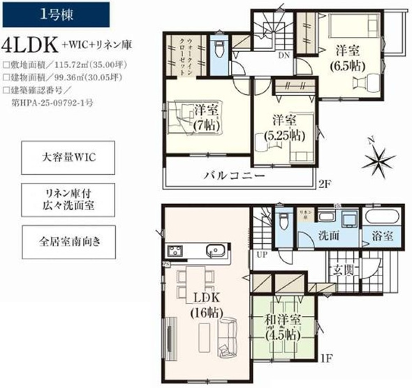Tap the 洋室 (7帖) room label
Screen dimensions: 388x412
[x=203, y=117]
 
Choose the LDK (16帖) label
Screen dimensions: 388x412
[x=202, y=306]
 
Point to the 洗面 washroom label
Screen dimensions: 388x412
[x=329, y=236]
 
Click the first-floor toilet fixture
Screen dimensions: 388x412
[x=284, y=222]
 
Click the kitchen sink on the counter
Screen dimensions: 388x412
[x=214, y=250]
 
